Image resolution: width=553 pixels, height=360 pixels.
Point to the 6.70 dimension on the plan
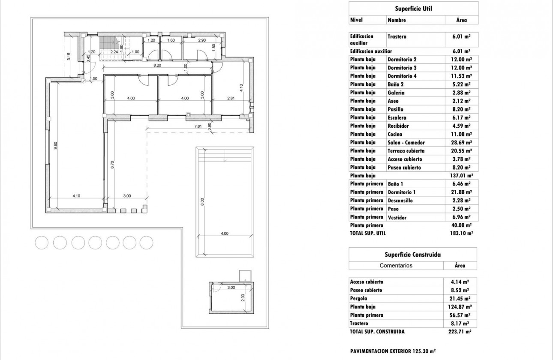[x=113, y=165]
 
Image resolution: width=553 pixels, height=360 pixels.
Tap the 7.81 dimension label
[x=198, y=126]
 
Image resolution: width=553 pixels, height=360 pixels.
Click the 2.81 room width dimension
[x=231, y=98]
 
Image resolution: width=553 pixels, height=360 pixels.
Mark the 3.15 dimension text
[x=69, y=56]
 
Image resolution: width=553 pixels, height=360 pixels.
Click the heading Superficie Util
[x=413, y=8]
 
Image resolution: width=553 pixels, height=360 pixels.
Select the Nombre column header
[x=397, y=20]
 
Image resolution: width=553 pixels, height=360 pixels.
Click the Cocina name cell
[x=395, y=134]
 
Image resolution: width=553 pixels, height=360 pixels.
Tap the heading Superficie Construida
[x=413, y=254]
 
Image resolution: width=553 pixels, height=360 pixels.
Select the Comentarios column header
[x=396, y=265]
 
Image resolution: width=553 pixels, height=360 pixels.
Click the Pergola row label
[x=359, y=298]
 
